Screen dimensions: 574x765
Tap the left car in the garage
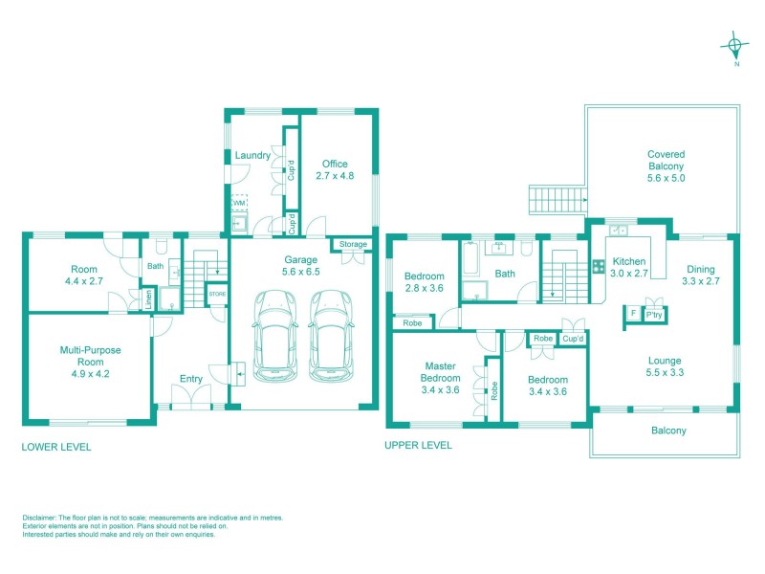271,336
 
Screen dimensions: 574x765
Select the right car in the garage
327,336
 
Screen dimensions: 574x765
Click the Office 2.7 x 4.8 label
335,169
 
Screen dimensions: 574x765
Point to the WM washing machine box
238,204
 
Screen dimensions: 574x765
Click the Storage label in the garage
353,245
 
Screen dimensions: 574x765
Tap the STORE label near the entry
218,294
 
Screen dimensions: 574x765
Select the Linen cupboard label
149,299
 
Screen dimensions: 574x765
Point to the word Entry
191,379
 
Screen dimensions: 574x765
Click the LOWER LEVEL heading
55,446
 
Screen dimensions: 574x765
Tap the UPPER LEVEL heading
418,446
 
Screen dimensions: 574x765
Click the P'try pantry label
654,314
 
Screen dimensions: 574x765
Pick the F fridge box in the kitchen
631,313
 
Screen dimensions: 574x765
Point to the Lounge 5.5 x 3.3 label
665,366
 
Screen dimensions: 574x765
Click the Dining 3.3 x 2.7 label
700,275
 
